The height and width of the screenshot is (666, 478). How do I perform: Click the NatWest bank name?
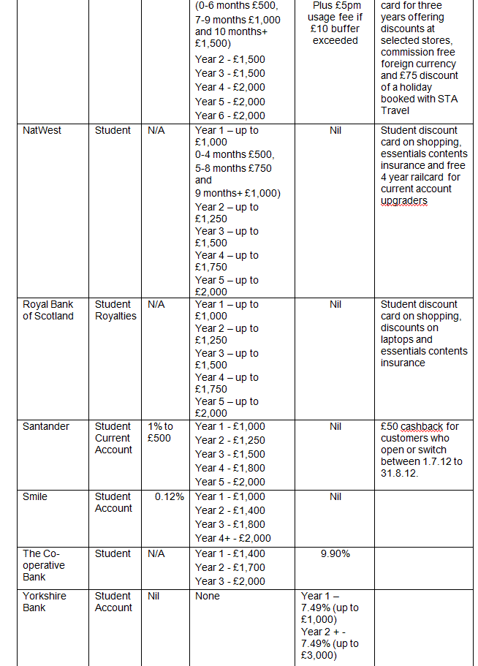point(42,130)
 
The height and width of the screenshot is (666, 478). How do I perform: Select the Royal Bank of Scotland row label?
point(48,310)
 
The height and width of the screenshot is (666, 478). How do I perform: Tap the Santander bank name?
point(48,426)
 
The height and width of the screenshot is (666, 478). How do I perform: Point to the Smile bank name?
point(35,496)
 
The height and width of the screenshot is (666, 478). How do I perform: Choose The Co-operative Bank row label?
point(44,565)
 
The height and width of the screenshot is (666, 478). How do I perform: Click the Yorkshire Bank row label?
point(44,602)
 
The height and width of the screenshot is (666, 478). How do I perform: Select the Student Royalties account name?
point(115,310)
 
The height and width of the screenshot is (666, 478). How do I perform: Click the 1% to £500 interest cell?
point(160,432)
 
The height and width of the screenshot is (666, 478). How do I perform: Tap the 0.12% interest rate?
point(169,496)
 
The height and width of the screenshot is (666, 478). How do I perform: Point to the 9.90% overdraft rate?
point(335,553)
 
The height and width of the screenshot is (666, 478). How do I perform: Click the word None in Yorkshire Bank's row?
point(208,596)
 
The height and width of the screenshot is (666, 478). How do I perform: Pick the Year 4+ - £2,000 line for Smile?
point(233,538)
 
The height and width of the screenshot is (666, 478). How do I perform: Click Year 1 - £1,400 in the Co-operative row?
point(230,553)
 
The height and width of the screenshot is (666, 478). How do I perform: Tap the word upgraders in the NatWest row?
point(404,200)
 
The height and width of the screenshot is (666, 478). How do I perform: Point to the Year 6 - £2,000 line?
point(230,116)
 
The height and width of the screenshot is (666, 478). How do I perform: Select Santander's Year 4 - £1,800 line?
point(230,468)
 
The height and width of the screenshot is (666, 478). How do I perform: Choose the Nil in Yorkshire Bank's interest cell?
point(153,596)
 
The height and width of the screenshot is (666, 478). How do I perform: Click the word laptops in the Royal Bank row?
point(398,339)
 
